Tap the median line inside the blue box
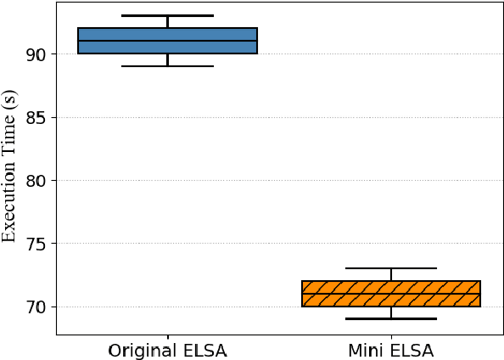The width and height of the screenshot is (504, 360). (x=167, y=41)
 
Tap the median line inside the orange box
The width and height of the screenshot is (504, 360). (x=391, y=294)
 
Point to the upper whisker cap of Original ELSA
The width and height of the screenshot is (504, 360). (x=167, y=15)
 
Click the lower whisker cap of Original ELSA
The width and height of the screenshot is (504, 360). (x=167, y=66)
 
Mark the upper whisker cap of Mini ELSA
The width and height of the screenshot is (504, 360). (x=391, y=268)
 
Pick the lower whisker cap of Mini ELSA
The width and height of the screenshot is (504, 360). (x=391, y=318)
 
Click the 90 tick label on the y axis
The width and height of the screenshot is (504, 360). (x=38, y=54)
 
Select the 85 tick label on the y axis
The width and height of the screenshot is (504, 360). (x=38, y=117)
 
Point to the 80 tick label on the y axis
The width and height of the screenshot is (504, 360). (x=38, y=181)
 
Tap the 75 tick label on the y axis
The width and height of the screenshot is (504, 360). (x=38, y=244)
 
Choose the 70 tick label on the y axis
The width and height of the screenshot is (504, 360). (x=38, y=307)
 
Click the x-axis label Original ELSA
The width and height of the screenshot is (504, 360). (x=167, y=350)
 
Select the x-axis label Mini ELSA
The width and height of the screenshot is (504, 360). (x=391, y=350)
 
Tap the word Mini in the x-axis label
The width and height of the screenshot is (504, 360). (x=366, y=350)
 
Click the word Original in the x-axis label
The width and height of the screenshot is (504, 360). (x=140, y=350)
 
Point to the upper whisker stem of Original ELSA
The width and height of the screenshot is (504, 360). (x=167, y=22)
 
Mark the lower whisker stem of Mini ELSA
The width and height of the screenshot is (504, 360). (x=391, y=312)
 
